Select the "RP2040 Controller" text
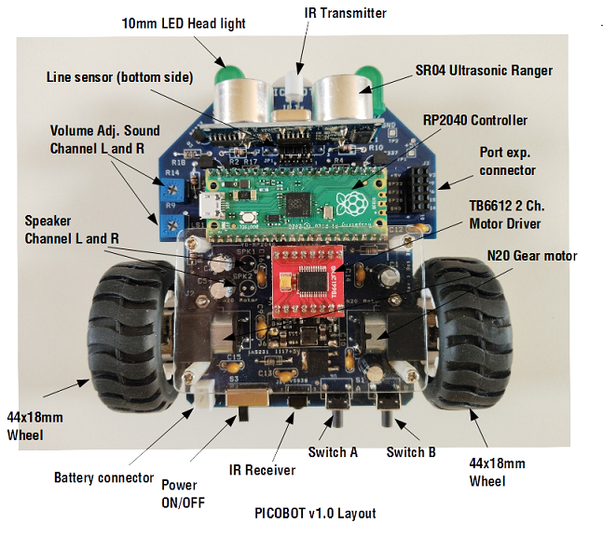point(474,120)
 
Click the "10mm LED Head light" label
point(184,23)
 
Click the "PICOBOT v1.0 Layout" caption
point(316,513)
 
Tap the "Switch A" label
point(333,453)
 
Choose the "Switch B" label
point(411,453)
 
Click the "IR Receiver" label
point(264,470)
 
